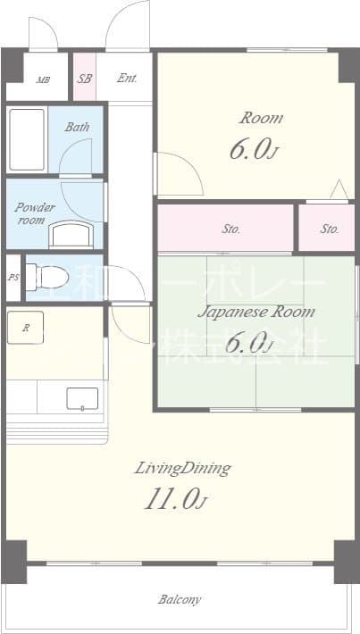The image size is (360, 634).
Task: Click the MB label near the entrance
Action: (42, 79)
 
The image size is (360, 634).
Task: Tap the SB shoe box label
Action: (84, 78)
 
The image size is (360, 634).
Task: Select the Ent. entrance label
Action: (127, 78)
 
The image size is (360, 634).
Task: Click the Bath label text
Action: (77, 127)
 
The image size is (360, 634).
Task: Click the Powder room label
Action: (35, 213)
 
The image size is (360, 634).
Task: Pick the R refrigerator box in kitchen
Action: (27, 328)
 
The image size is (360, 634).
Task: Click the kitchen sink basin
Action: (82, 398)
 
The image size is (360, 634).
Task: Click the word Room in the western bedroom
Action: (261, 118)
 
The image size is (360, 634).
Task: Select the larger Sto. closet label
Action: (231, 229)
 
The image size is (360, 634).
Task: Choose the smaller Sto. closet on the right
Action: (329, 229)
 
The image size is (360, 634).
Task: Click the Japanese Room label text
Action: (255, 312)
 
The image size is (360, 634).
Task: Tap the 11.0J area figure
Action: (175, 500)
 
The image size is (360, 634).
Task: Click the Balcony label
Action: (180, 599)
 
